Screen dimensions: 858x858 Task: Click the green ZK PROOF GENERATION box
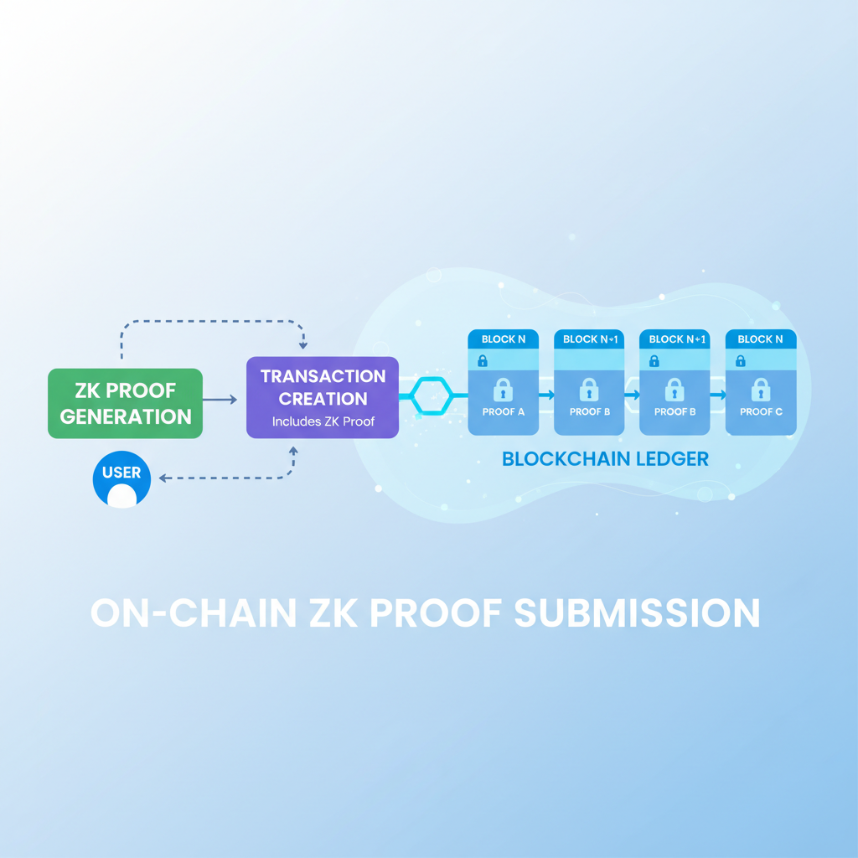click(x=125, y=403)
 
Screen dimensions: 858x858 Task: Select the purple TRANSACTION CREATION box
click(x=323, y=397)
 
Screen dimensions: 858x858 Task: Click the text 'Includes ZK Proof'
click(x=323, y=421)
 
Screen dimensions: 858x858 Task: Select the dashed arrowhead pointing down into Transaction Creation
click(x=303, y=344)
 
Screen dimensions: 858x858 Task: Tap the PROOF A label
click(x=504, y=412)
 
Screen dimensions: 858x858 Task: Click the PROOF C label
click(x=761, y=412)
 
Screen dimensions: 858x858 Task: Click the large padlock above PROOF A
click(x=504, y=389)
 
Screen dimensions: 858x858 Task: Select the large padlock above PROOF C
click(x=761, y=389)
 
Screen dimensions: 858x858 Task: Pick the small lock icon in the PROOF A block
click(x=483, y=361)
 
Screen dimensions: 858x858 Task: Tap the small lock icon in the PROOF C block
click(x=740, y=361)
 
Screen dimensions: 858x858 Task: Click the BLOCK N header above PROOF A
click(x=504, y=339)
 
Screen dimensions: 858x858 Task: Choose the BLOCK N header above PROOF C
click(x=761, y=339)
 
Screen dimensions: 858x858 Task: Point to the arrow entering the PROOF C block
click(x=718, y=394)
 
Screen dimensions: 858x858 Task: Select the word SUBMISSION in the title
click(x=637, y=612)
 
